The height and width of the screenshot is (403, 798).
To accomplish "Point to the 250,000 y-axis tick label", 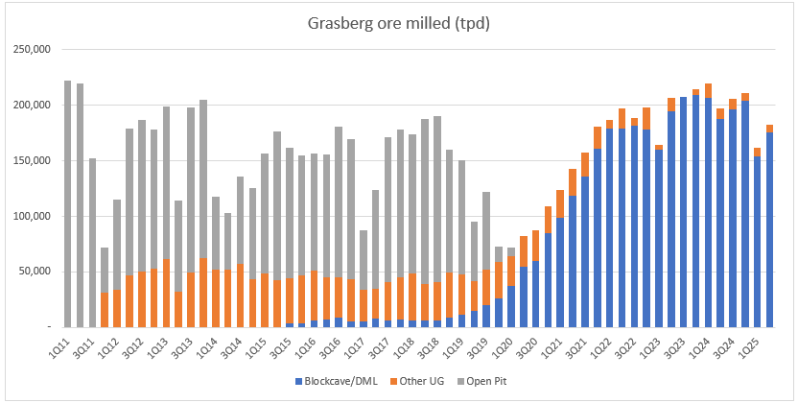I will click(x=36, y=50).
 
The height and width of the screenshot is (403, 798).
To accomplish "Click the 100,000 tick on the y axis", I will click(x=36, y=217).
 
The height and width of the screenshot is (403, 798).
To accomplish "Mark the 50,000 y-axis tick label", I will click(x=39, y=273).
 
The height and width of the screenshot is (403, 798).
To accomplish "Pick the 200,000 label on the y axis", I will click(x=36, y=106).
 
